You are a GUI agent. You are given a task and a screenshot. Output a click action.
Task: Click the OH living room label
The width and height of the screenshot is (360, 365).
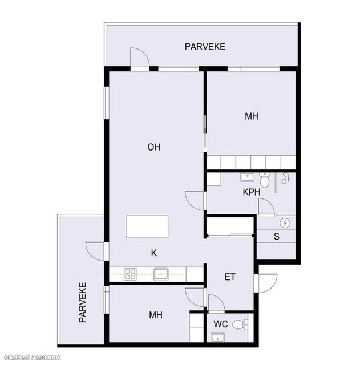click(153, 147)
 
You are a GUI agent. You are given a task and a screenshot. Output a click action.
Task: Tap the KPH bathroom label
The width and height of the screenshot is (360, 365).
click(252, 192)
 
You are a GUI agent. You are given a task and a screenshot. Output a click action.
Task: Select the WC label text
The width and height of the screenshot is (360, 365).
click(221, 324)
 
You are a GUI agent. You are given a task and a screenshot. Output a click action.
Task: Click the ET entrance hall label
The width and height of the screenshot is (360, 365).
click(230, 277)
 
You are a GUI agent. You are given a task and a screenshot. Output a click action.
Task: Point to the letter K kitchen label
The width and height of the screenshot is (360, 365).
click(154, 253)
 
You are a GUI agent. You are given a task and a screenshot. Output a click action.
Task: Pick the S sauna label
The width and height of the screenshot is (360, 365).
click(276, 237)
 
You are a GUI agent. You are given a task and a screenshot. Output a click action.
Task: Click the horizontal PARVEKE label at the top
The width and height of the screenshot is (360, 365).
click(205, 47)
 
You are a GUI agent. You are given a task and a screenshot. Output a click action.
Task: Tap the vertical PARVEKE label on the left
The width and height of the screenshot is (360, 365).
click(83, 302)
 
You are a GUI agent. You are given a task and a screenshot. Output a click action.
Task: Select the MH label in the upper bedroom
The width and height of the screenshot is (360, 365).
click(252, 116)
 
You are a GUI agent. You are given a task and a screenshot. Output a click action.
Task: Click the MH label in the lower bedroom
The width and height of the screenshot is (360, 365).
click(156, 315)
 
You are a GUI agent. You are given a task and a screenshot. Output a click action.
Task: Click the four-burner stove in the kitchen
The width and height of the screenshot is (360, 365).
click(130, 274)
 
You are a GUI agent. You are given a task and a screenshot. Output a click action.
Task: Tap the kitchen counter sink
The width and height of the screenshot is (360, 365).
click(161, 274)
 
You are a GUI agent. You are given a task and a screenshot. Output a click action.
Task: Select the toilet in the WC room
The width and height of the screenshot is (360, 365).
click(240, 324)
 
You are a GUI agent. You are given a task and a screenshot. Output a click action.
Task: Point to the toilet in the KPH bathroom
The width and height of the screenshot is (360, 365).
click(265, 180)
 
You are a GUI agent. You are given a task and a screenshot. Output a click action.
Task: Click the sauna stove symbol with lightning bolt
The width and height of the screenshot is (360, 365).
click(285, 223)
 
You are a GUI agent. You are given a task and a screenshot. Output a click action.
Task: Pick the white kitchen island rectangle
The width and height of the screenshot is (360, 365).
click(147, 227)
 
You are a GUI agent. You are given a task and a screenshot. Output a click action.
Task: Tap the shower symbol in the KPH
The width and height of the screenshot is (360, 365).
click(285, 179)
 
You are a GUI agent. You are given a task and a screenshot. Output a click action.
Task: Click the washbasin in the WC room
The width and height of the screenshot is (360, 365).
click(218, 338)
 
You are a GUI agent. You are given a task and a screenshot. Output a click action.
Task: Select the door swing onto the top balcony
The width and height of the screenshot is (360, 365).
click(140, 57)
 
